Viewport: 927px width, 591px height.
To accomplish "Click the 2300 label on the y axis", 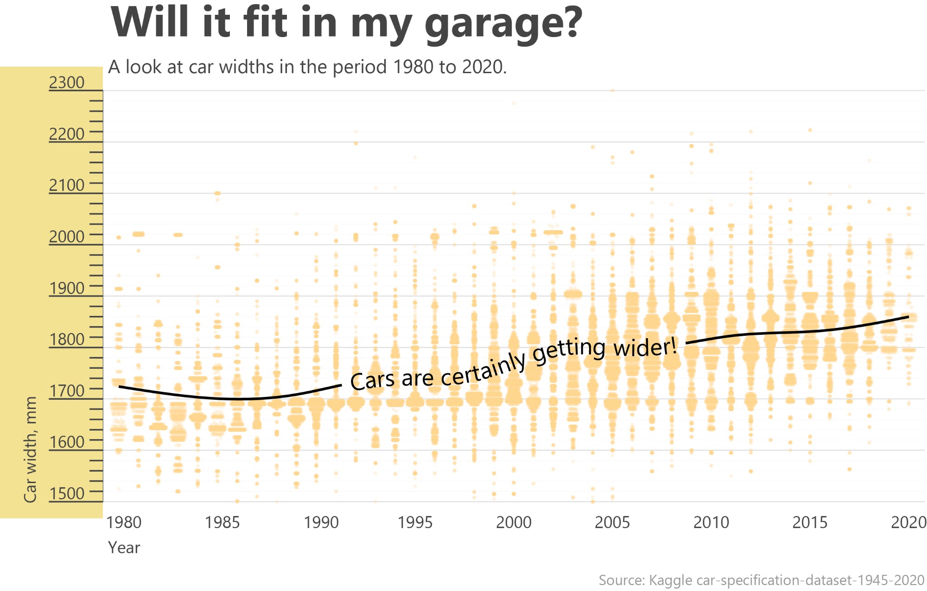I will (x=67, y=82).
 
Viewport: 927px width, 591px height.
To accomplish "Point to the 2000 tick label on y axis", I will (x=67, y=237).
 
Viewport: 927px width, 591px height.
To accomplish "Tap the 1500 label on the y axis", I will (x=67, y=494).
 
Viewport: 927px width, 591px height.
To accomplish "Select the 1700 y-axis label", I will (x=67, y=391).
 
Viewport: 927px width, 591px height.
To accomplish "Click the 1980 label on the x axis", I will (x=124, y=522).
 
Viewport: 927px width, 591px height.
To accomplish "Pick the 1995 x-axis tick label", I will (x=415, y=522).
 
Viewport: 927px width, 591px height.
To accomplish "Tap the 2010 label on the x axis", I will (x=711, y=522).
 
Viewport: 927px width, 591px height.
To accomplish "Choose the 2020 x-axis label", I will (x=908, y=522).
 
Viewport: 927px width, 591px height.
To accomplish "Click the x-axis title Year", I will (x=124, y=548).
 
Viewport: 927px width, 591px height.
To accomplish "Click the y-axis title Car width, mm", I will (x=30, y=449).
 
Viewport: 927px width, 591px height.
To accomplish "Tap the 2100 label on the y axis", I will (x=67, y=185).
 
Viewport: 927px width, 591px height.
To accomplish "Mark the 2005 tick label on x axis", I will (x=612, y=522).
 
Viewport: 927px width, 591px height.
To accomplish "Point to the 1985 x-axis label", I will (x=222, y=522).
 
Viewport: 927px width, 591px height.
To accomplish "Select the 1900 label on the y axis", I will (x=67, y=288).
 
